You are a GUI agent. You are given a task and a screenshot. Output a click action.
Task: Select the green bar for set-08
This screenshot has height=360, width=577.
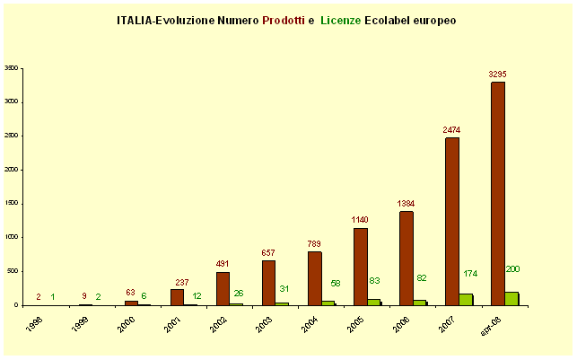click(511, 298)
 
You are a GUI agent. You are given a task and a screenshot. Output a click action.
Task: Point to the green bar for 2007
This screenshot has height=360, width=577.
click(466, 299)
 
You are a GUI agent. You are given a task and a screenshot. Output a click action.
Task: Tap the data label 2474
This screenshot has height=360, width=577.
click(451, 129)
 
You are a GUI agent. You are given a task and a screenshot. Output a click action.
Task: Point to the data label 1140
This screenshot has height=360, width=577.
click(360, 220)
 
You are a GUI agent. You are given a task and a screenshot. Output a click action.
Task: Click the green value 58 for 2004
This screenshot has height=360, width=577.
click(335, 284)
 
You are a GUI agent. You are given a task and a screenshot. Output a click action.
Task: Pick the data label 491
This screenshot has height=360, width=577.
click(223, 263)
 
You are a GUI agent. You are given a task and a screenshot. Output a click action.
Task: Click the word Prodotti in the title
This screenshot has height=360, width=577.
click(284, 19)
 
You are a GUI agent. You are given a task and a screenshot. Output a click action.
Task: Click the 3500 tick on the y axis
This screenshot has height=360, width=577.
click(12, 67)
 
